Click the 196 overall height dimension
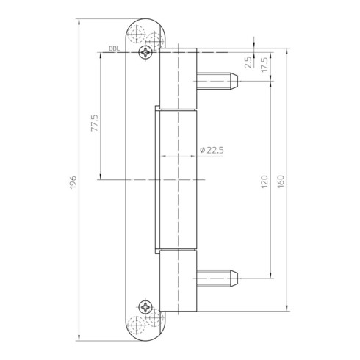tap(73, 182)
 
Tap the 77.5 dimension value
tap(95, 123)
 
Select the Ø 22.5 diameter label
tap(212, 150)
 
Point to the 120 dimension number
tap(264, 181)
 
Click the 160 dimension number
tap(281, 181)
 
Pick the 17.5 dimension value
tap(264, 65)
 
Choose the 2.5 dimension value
tap(248, 62)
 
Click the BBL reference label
tap(115, 48)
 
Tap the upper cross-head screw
tap(145, 52)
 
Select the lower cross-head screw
tap(145, 307)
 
